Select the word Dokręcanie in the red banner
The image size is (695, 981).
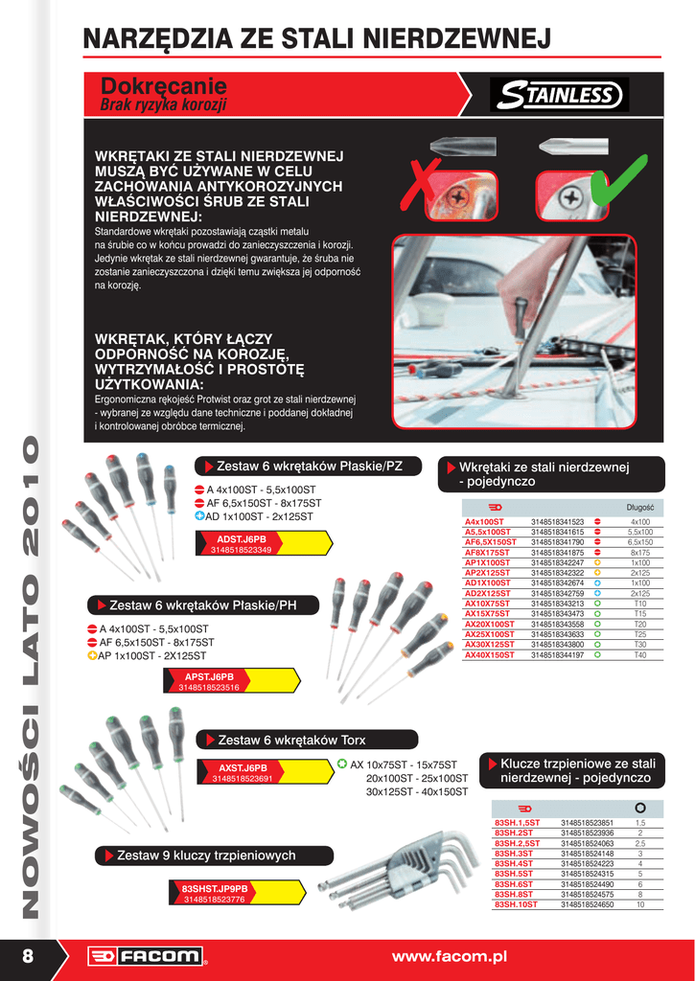tap(163, 87)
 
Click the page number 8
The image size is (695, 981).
tap(28, 955)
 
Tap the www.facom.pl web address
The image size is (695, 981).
tap(449, 956)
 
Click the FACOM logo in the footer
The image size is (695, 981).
tap(146, 956)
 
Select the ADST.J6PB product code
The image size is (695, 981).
tap(241, 539)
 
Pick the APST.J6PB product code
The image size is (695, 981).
tap(209, 676)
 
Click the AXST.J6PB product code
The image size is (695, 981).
tap(243, 768)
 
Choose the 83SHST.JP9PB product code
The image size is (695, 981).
tap(214, 888)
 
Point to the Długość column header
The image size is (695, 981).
tap(639, 507)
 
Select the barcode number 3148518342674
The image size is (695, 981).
tap(557, 582)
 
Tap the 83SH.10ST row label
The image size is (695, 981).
tap(516, 904)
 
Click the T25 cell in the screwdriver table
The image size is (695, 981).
tap(639, 634)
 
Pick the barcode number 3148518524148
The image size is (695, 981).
tap(587, 854)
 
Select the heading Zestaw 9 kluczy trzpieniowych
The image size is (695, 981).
tap(205, 855)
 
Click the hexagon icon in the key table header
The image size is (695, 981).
tap(640, 808)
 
